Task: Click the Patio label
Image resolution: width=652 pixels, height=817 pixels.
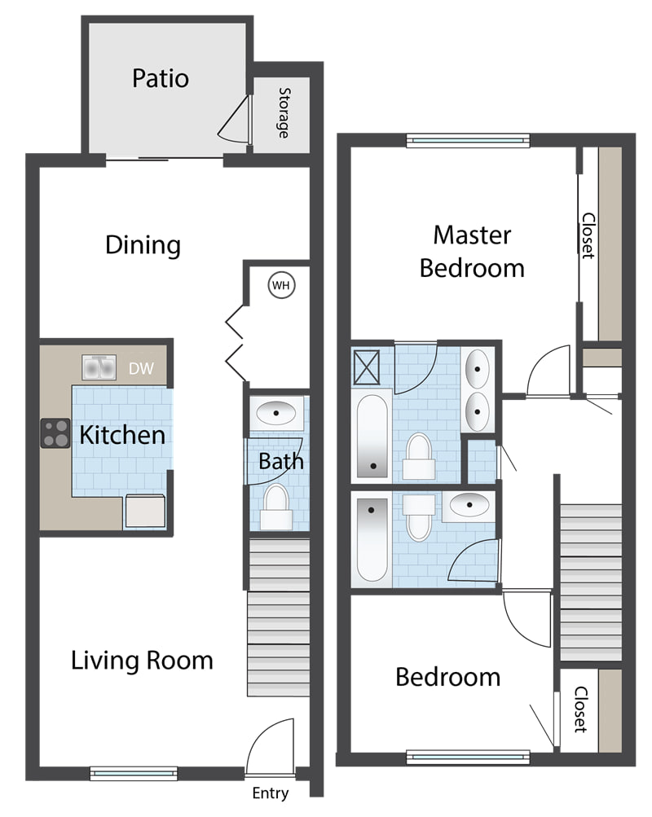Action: click(x=161, y=79)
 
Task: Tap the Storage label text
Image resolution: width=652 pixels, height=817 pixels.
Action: click(x=284, y=112)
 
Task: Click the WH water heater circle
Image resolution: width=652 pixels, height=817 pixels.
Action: click(x=281, y=285)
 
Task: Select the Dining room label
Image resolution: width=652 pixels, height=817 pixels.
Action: click(x=143, y=245)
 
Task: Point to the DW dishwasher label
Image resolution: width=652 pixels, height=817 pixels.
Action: click(x=141, y=368)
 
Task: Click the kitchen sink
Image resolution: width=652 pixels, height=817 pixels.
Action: click(x=99, y=368)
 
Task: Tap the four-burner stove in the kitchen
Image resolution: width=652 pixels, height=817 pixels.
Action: click(x=55, y=433)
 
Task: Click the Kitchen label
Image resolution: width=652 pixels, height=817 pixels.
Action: click(x=122, y=435)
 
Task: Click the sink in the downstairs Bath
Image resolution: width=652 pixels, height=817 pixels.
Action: click(x=276, y=413)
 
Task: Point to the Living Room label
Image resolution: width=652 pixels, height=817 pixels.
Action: click(x=142, y=660)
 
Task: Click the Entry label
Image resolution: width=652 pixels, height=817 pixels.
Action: click(x=270, y=793)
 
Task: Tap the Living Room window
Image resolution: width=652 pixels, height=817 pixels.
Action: click(x=134, y=773)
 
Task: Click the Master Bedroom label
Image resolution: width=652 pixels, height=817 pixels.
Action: click(x=472, y=252)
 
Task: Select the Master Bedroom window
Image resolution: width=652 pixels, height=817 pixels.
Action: click(x=468, y=141)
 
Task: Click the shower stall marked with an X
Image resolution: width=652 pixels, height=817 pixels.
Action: click(x=367, y=367)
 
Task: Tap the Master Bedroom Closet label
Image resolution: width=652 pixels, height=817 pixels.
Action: click(x=588, y=235)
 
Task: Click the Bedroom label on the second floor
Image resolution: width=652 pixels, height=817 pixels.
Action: click(x=447, y=677)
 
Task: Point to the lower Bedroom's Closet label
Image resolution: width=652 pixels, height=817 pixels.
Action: click(x=580, y=709)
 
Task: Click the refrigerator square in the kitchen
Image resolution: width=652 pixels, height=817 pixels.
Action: click(x=145, y=512)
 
